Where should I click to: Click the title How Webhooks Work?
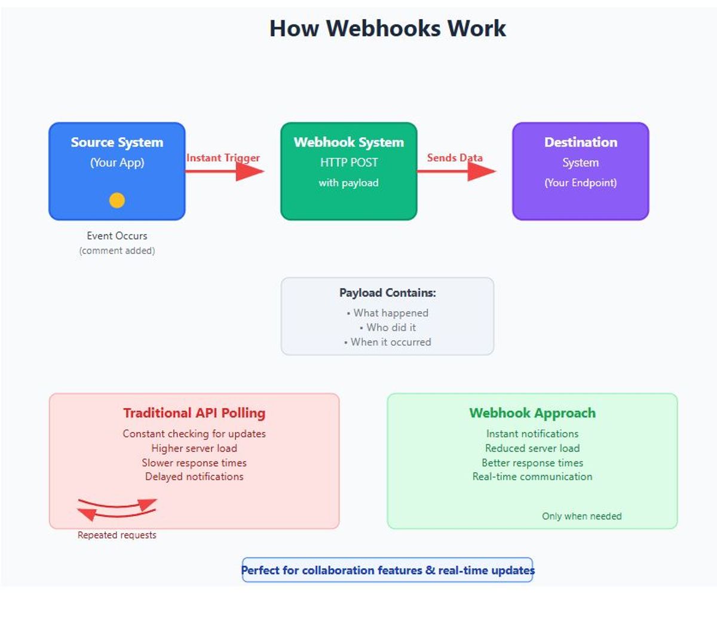pyautogui.click(x=387, y=28)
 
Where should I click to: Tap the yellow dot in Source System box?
pyautogui.click(x=117, y=200)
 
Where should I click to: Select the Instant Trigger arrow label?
pyautogui.click(x=223, y=158)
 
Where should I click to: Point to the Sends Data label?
pyautogui.click(x=455, y=158)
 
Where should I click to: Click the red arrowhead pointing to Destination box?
pyautogui.click(x=482, y=171)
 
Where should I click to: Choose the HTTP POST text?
pyautogui.click(x=349, y=163)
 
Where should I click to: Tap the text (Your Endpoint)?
pyautogui.click(x=580, y=183)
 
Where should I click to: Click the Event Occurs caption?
pyautogui.click(x=117, y=235)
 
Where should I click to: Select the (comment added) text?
pyautogui.click(x=117, y=250)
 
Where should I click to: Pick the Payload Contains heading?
pyautogui.click(x=387, y=293)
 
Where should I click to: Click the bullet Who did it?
pyautogui.click(x=387, y=327)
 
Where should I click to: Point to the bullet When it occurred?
pyautogui.click(x=387, y=342)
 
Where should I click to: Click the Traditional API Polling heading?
pyautogui.click(x=194, y=413)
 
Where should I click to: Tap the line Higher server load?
pyautogui.click(x=194, y=448)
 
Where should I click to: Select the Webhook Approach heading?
pyautogui.click(x=532, y=413)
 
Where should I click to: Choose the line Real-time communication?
pyautogui.click(x=532, y=477)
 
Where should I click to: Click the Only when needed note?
pyautogui.click(x=582, y=516)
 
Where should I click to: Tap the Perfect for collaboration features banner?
pyautogui.click(x=387, y=570)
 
